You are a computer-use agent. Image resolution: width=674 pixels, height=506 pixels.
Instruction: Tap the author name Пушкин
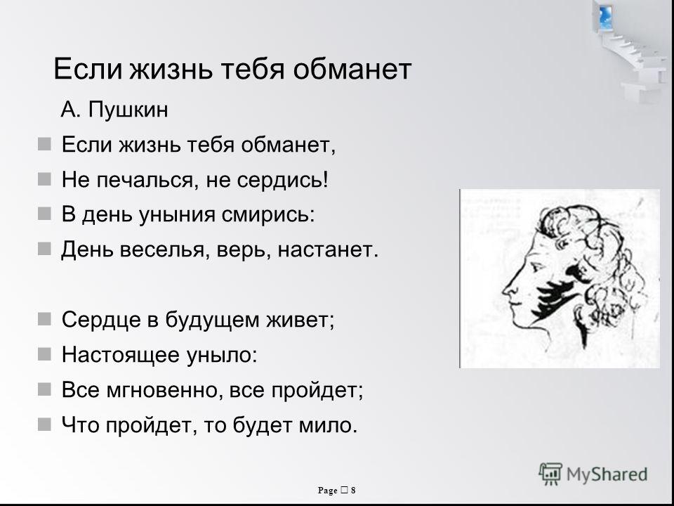(128, 110)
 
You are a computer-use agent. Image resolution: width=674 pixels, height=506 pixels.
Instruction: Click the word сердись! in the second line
(282, 179)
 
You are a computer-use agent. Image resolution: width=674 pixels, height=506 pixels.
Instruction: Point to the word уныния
(177, 215)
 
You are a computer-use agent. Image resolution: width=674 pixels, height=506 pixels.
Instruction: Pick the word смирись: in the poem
(268, 215)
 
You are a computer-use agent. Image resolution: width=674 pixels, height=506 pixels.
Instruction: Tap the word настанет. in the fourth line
(328, 249)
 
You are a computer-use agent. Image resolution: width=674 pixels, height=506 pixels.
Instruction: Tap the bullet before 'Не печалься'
(44, 179)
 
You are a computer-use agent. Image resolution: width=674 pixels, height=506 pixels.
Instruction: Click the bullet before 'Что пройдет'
(44, 424)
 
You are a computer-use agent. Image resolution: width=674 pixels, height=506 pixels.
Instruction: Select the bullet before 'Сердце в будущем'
(44, 319)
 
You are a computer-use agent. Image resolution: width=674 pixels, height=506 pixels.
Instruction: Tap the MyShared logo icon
(550, 474)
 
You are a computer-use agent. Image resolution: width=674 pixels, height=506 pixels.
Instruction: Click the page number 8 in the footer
(353, 490)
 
